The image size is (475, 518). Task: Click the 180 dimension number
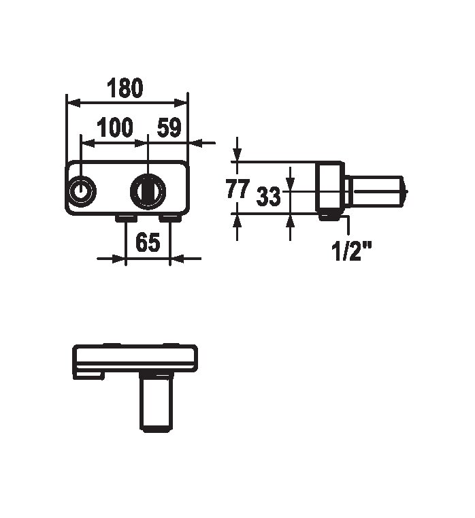tap(125, 88)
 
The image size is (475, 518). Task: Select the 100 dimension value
tap(114, 127)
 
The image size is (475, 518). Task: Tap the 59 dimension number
tap(169, 127)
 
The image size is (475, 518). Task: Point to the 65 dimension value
tap(148, 242)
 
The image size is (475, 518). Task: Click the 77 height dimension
tap(237, 189)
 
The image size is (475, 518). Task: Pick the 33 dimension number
tap(268, 196)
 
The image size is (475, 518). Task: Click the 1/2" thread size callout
tap(351, 250)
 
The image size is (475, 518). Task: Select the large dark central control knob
tap(148, 191)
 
